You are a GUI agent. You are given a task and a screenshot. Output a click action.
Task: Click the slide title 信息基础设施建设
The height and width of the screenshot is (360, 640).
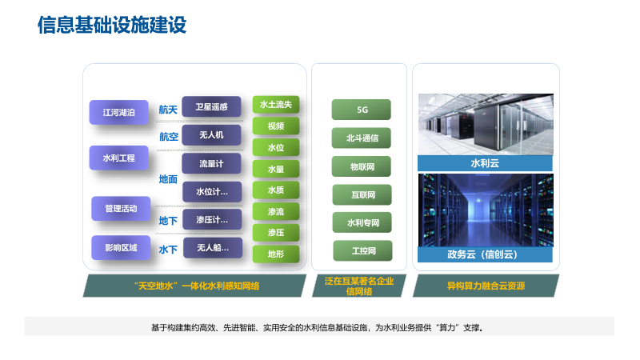point(111,26)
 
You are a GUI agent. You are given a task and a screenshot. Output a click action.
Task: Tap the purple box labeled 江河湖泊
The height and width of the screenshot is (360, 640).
point(118,113)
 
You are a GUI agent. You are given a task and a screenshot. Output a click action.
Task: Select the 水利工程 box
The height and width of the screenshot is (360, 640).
point(118,158)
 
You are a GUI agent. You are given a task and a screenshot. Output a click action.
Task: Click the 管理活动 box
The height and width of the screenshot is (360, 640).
point(121,209)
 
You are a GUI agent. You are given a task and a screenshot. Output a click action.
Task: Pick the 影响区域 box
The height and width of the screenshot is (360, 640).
point(121,248)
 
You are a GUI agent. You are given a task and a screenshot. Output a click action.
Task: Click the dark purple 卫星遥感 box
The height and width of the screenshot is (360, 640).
point(211,106)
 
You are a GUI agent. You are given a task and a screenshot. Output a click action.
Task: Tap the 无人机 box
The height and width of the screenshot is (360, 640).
point(211,135)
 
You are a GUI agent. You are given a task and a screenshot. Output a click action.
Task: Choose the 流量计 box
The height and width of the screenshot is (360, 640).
point(211,163)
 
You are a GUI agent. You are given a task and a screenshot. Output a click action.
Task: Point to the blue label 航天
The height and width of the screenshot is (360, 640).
point(168,110)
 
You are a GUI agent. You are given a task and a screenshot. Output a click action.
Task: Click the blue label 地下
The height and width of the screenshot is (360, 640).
point(168,221)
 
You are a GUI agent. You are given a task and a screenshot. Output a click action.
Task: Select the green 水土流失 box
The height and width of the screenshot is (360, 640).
point(276,105)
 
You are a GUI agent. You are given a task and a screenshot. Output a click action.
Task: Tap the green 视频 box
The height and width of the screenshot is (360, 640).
point(276,126)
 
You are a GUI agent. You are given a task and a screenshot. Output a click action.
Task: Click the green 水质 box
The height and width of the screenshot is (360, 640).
point(276,190)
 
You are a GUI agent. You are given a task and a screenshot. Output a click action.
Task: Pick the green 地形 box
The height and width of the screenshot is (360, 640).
point(276,254)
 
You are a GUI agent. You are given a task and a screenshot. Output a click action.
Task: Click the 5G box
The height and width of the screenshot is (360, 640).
point(362,110)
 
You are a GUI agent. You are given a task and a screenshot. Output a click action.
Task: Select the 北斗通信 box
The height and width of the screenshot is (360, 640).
point(362,138)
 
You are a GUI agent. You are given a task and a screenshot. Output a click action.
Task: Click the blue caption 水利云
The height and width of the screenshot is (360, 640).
point(486,163)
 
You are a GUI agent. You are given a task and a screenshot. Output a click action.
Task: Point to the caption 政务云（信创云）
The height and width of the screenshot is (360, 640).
point(486,255)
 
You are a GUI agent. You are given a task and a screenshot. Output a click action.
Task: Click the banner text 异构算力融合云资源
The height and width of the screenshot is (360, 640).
point(486,286)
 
